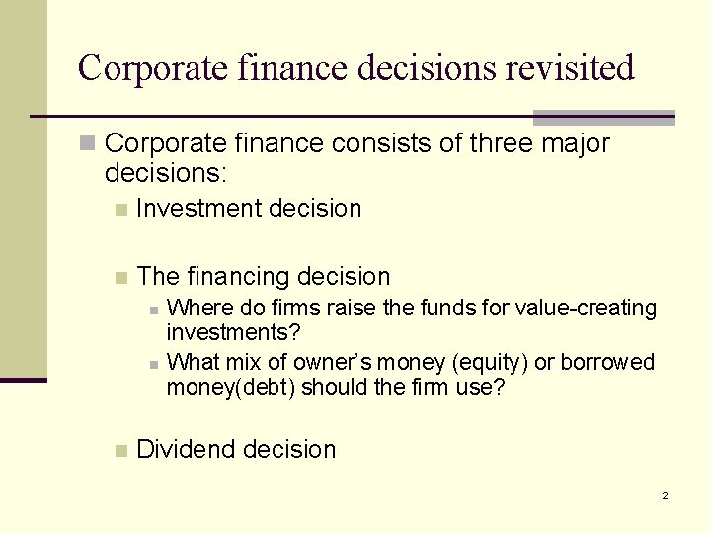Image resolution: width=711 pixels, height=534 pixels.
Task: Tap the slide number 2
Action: pos(665,495)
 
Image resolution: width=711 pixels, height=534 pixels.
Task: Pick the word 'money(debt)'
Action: pos(230,388)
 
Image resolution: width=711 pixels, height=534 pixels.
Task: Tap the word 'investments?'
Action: pos(233,331)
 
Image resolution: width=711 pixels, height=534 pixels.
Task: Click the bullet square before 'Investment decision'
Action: pos(120,210)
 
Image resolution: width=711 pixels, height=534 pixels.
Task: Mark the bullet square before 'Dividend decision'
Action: pos(120,451)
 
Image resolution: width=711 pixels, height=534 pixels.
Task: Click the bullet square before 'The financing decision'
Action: pos(120,278)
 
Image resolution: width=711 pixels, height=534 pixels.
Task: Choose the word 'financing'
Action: pos(237,277)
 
